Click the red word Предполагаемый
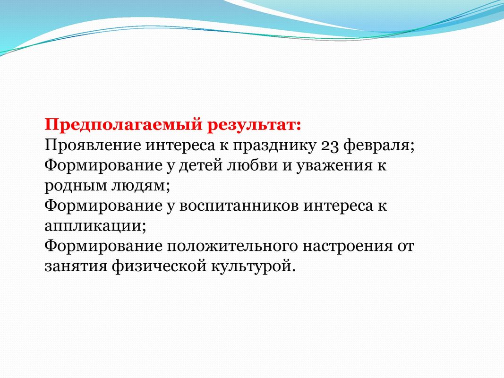124,125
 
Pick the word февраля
379,146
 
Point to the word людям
140,186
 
